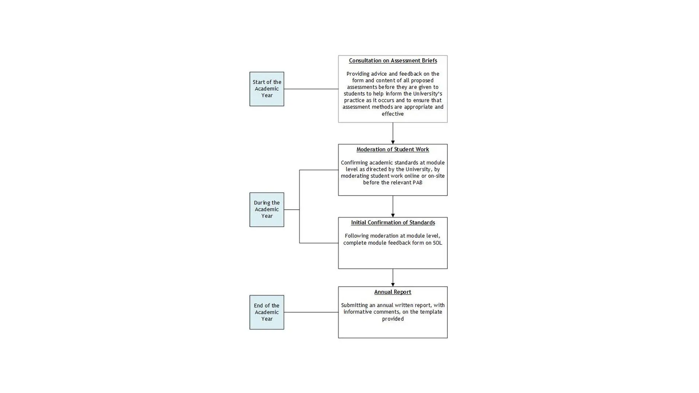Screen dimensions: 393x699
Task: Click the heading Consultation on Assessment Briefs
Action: pyautogui.click(x=392, y=61)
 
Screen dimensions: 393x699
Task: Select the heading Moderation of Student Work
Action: pyautogui.click(x=392, y=150)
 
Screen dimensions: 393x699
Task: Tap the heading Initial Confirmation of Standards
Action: pyautogui.click(x=392, y=223)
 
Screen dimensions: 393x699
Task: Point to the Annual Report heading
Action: pyautogui.click(x=392, y=292)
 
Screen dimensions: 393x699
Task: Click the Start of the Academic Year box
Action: pyautogui.click(x=266, y=89)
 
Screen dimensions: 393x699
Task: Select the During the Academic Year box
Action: pyautogui.click(x=266, y=210)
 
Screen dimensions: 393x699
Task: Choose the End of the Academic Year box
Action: pyautogui.click(x=266, y=312)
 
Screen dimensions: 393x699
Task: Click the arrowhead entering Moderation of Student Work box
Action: pyautogui.click(x=392, y=142)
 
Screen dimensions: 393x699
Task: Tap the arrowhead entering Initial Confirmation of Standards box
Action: pyautogui.click(x=392, y=215)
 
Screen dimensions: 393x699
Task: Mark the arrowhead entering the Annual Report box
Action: pyautogui.click(x=392, y=285)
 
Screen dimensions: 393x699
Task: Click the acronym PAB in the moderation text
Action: pyautogui.click(x=417, y=183)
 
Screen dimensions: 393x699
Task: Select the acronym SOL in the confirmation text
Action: pyautogui.click(x=437, y=243)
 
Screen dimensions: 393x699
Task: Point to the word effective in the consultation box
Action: pyautogui.click(x=392, y=114)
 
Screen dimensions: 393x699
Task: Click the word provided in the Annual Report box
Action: pyautogui.click(x=392, y=319)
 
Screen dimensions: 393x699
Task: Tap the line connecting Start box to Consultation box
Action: pyautogui.click(x=311, y=89)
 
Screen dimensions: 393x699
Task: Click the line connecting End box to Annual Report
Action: pyautogui.click(x=311, y=312)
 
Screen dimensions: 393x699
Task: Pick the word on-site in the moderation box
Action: pyautogui.click(x=436, y=176)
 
